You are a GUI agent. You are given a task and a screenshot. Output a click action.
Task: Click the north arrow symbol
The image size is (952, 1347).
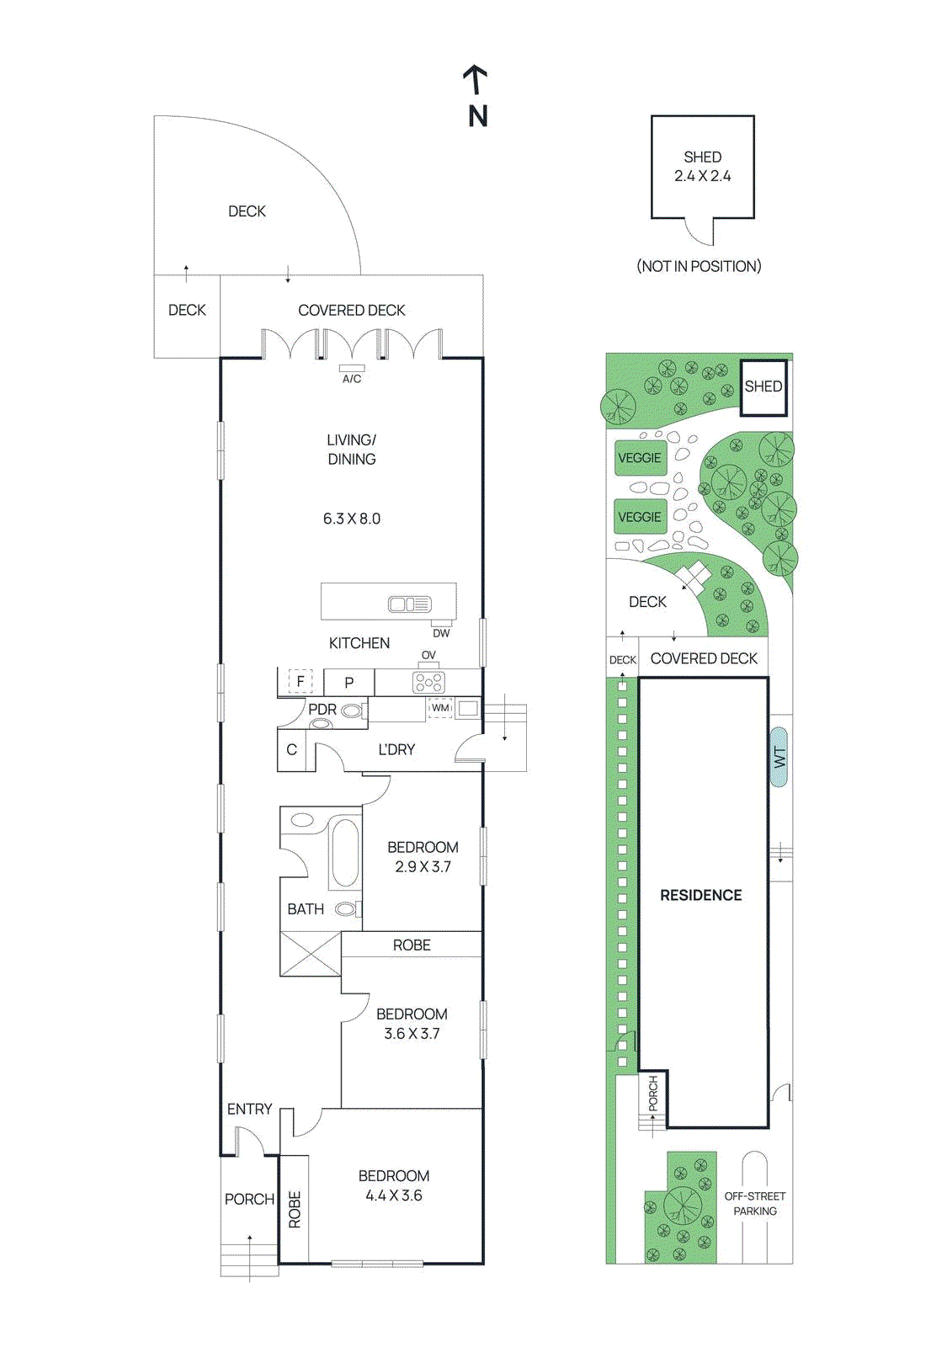476,82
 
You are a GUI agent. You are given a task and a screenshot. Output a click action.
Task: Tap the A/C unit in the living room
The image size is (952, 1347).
352,369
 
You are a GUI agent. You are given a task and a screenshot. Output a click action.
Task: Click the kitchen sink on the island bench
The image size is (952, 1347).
409,604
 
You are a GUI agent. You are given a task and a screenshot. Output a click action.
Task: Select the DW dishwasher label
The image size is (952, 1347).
441,633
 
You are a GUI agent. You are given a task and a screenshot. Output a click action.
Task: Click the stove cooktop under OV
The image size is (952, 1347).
428,682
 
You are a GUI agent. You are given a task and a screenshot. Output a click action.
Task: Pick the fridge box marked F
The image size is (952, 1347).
300,681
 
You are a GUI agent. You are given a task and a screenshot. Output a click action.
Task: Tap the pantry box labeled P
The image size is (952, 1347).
348,683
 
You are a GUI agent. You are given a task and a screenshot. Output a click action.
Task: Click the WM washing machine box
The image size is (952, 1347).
440,708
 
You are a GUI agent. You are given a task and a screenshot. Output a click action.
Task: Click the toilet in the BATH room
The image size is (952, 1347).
346,909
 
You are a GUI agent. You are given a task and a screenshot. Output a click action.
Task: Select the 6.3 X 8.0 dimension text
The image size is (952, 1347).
352,519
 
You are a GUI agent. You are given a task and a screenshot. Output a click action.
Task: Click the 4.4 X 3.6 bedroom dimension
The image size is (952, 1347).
394,1195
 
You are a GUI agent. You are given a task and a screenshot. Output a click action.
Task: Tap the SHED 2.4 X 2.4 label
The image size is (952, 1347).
703,167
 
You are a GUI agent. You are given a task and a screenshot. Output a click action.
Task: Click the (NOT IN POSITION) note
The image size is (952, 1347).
699,266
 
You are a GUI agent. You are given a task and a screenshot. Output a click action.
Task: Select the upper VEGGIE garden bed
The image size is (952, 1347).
640,458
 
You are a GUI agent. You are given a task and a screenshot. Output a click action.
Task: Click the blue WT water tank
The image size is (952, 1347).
779,757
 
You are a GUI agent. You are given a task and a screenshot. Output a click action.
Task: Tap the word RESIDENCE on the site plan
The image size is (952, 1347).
701,895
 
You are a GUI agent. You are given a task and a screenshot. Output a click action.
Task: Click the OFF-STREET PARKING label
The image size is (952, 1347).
755,1203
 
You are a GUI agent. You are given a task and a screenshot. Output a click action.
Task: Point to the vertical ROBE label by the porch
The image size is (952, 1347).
295,1210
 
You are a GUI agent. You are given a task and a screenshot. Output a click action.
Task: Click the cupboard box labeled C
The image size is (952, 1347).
291,749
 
